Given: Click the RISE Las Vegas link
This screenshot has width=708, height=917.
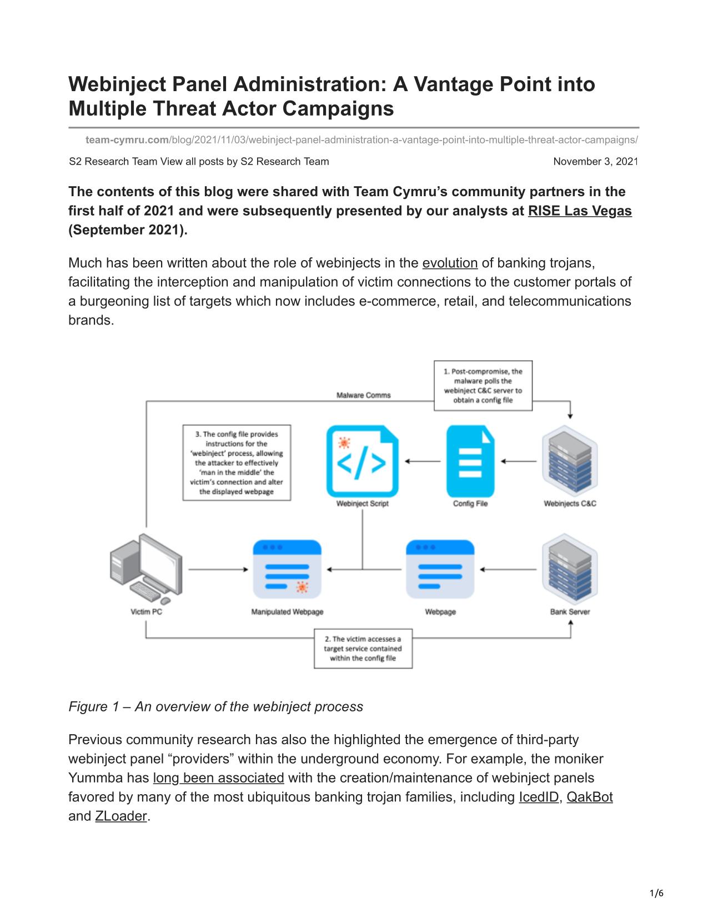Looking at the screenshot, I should [579, 211].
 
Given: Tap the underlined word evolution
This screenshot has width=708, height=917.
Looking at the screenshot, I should [450, 263].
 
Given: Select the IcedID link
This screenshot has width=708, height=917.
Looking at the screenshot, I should [538, 797].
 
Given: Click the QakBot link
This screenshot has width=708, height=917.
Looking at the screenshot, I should [589, 797].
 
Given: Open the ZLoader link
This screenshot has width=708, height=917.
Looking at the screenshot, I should [121, 816].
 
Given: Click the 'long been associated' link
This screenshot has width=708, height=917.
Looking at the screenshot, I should [218, 778].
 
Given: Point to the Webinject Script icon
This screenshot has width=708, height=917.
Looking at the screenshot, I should [362, 461].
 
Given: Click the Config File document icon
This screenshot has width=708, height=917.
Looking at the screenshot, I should [470, 461].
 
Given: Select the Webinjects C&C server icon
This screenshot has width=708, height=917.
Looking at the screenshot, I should [570, 461].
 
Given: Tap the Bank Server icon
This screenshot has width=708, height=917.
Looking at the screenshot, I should [570, 570].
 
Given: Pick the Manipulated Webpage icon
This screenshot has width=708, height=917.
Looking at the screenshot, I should [287, 569].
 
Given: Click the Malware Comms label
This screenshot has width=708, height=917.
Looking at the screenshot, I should [364, 395].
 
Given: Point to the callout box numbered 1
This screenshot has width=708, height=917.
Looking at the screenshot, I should [483, 386].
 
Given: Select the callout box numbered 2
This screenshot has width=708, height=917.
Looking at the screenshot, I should [363, 649].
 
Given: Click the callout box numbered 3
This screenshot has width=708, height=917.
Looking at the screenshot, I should [237, 463].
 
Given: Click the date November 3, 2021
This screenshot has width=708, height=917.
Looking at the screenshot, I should [595, 162].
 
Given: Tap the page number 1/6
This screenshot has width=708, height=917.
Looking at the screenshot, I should [657, 894].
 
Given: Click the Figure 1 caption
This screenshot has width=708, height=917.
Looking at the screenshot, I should [215, 706].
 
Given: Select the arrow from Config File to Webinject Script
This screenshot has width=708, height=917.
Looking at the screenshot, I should [423, 461].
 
